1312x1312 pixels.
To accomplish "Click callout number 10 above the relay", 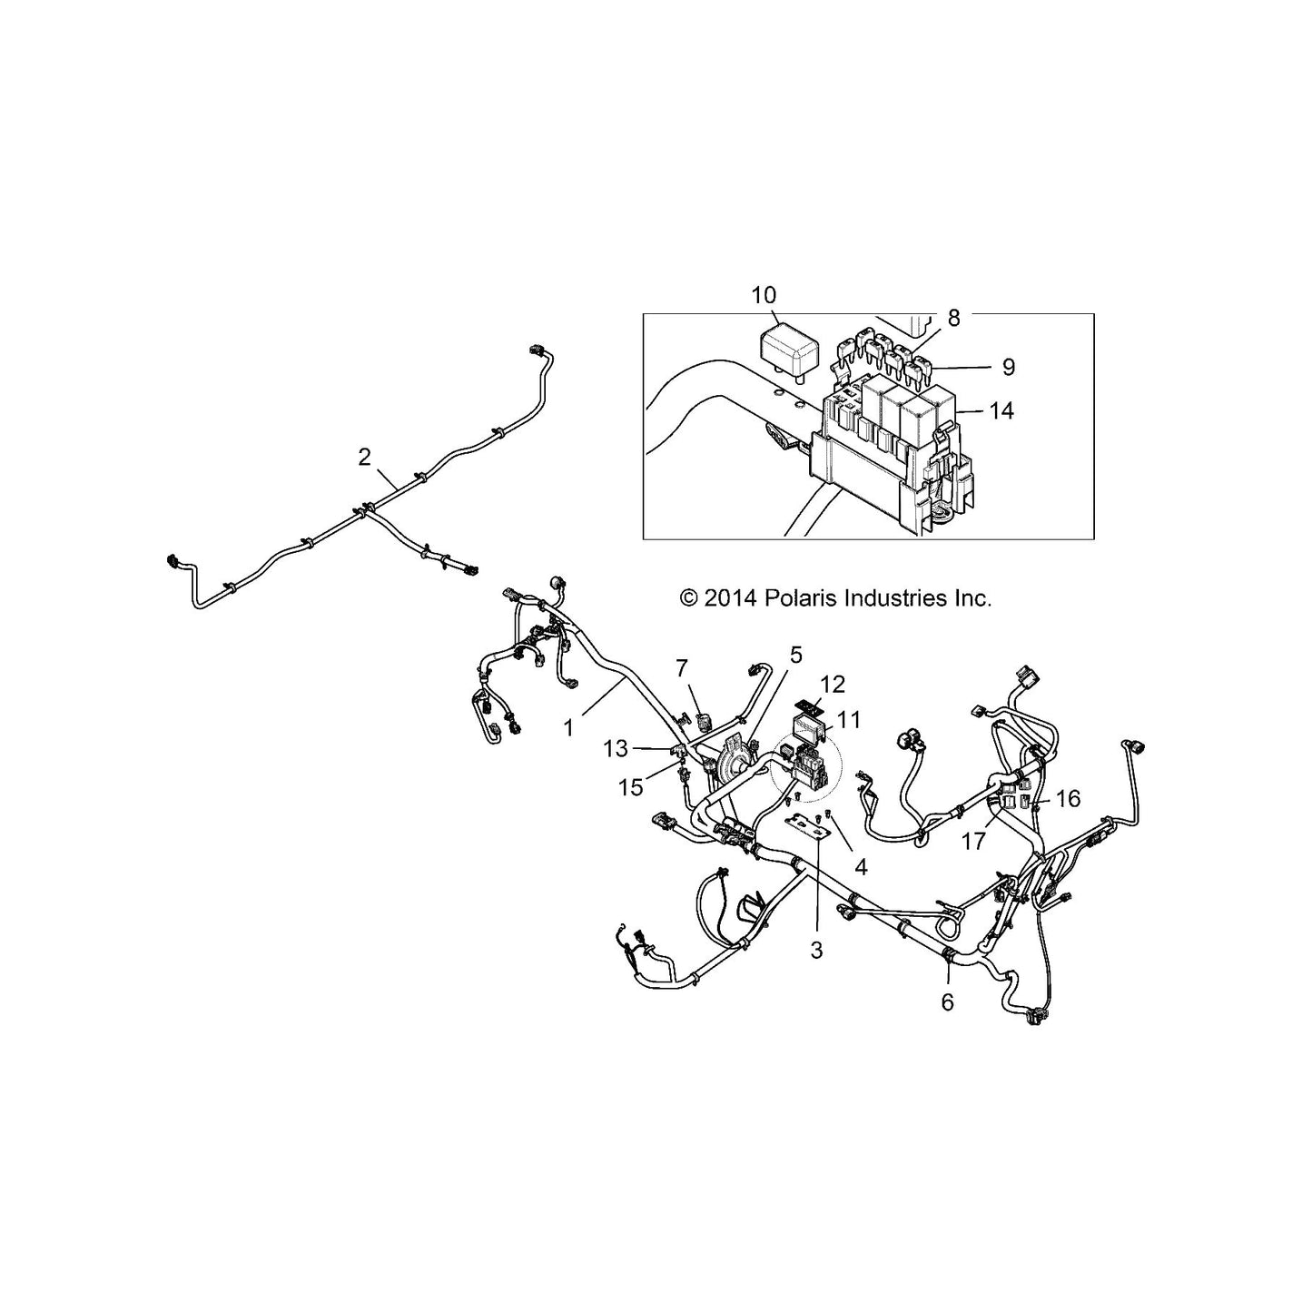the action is pos(764,295).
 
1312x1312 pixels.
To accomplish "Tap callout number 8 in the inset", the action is pos(953,317).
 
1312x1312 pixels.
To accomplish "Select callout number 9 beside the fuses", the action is pos(1009,367).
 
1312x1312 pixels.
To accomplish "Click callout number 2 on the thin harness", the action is pos(364,457).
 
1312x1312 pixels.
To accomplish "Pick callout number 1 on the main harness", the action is pos(568,728).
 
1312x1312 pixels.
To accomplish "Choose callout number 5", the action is pos(796,655).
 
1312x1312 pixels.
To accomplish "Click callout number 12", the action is pos(832,685).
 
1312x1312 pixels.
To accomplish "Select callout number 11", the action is pos(848,719).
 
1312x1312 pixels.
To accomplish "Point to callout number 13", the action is pos(616,749).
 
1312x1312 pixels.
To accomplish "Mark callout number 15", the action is pos(630,787).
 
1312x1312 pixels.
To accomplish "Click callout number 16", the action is pos(1069,798).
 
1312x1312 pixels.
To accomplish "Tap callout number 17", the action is pos(973,842).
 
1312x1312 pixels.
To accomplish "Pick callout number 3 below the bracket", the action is pos(817,950).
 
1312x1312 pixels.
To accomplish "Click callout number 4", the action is pos(861,867).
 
